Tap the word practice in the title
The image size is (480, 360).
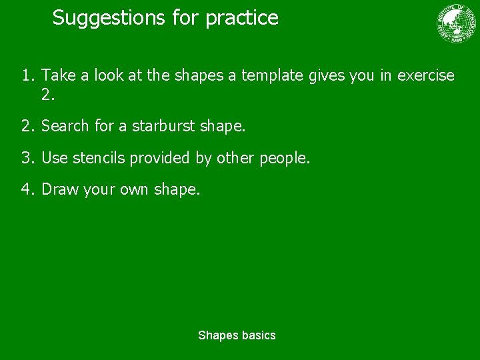tap(241, 18)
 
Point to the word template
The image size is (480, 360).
tap(273, 76)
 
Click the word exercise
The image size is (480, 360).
tap(425, 76)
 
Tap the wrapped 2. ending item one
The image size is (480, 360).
tap(48, 95)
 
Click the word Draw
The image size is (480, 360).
tap(61, 190)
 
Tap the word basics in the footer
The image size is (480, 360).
tap(259, 335)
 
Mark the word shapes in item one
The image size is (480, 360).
tap(199, 76)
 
